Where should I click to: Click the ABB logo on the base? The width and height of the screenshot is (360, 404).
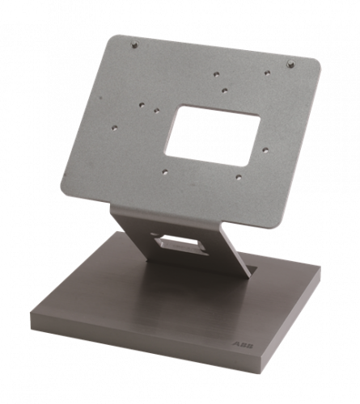(x=243, y=345)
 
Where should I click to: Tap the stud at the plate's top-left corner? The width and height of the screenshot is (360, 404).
(x=135, y=44)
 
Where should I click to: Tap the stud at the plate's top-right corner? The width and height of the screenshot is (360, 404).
(x=290, y=64)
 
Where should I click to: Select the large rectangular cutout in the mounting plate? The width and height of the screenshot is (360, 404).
(x=213, y=136)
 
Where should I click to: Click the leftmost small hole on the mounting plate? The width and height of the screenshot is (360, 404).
(x=115, y=128)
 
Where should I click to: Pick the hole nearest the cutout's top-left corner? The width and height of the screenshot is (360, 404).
(x=156, y=110)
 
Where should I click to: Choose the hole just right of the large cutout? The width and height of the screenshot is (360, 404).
(x=265, y=149)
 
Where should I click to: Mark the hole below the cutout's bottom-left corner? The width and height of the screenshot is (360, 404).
(x=165, y=171)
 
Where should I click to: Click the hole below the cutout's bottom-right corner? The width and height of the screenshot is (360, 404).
(x=239, y=177)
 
